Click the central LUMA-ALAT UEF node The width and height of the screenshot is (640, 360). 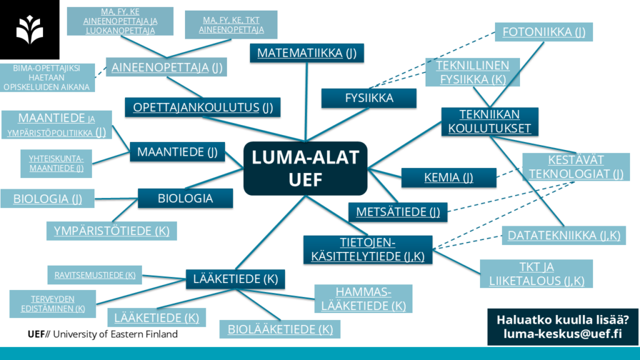coord(305,168)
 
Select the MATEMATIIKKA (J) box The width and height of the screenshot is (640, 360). coord(306,53)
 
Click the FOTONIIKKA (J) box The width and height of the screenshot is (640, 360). coord(544,32)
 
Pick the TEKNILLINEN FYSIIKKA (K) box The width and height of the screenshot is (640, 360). coord(472,72)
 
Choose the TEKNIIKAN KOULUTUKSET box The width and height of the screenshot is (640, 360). coord(489,121)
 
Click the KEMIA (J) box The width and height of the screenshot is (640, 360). coord(448,177)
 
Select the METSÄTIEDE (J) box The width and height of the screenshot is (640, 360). coord(397,212)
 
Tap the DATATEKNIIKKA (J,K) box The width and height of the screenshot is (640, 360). coord(563,236)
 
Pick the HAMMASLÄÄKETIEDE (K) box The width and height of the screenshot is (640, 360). coord(362,299)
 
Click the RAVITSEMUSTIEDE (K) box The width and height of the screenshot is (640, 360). coord(95,274)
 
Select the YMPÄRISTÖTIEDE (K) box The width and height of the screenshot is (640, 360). coord(111,231)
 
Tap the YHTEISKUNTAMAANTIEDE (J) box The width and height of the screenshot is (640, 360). coord(56,162)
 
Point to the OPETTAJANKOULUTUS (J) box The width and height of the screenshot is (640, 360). coord(202,107)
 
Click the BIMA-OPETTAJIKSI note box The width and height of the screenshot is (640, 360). coord(47,77)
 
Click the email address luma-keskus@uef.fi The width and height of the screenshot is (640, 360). coord(562,334)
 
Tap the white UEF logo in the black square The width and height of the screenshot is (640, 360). coord(29,29)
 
